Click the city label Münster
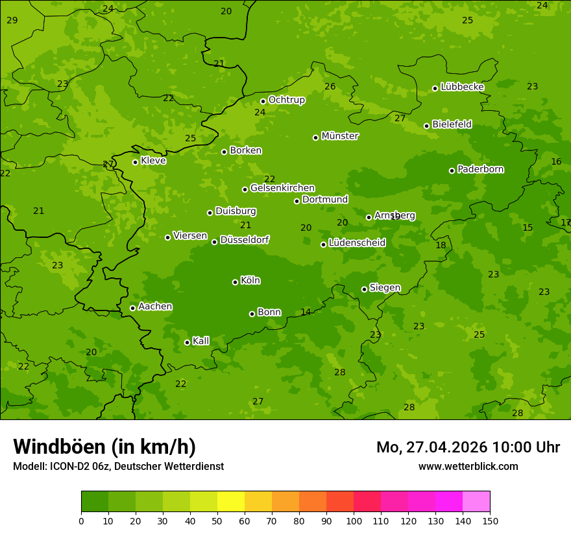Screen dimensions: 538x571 pyautogui.click(x=340, y=136)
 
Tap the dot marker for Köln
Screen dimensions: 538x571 pyautogui.click(x=235, y=282)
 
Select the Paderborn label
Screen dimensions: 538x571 pyautogui.click(x=481, y=169)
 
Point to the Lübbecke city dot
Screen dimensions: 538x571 pyautogui.click(x=435, y=88)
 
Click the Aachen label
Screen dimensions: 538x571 pyautogui.click(x=155, y=307)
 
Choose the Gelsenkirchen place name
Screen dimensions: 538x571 pyautogui.click(x=282, y=188)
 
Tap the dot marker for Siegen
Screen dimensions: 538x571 pyautogui.click(x=364, y=289)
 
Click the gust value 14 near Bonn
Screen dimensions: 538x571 pyautogui.click(x=306, y=312)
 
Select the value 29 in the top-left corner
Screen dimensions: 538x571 pyautogui.click(x=12, y=21)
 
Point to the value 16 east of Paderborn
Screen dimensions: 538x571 pyautogui.click(x=556, y=161)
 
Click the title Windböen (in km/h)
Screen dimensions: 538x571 pyautogui.click(x=104, y=447)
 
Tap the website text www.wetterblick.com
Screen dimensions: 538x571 pyautogui.click(x=468, y=466)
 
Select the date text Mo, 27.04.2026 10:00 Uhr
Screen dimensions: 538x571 pyautogui.click(x=468, y=447)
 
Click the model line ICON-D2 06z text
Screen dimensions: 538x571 pyautogui.click(x=118, y=466)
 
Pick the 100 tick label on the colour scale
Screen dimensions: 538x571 pyautogui.click(x=353, y=520)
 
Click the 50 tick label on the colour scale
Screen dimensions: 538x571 pyautogui.click(x=217, y=520)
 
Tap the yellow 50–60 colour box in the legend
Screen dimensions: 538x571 pyautogui.click(x=231, y=502)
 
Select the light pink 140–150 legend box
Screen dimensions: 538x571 pyautogui.click(x=476, y=502)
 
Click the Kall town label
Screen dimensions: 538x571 pyautogui.click(x=201, y=341)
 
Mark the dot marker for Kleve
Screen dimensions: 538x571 pyautogui.click(x=135, y=162)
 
